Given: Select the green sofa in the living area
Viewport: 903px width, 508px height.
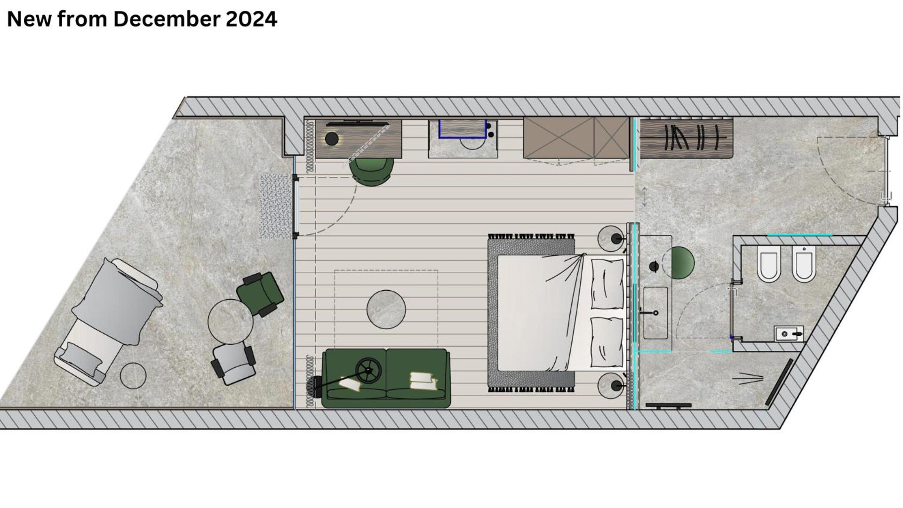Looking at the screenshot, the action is (386, 378).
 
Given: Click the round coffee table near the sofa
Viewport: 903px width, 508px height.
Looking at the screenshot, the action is (386, 309).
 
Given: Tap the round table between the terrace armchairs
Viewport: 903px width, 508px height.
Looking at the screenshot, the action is (231, 322).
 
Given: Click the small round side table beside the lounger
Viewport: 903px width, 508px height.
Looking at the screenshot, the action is (133, 376).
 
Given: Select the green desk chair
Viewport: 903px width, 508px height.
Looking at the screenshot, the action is (372, 171).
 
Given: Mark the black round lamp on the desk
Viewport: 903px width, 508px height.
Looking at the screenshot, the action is (332, 139).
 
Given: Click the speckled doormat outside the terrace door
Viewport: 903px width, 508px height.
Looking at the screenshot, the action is (276, 206).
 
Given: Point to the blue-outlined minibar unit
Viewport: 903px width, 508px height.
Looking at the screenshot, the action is (462, 128).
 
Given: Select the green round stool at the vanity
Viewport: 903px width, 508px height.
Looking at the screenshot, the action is (679, 262).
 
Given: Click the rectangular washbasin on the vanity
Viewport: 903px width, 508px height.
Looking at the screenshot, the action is (655, 313).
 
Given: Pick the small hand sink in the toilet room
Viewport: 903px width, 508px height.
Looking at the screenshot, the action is (789, 333).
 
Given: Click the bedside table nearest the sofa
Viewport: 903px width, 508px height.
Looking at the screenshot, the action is (611, 386).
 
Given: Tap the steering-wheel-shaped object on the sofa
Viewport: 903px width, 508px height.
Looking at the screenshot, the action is (368, 371).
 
